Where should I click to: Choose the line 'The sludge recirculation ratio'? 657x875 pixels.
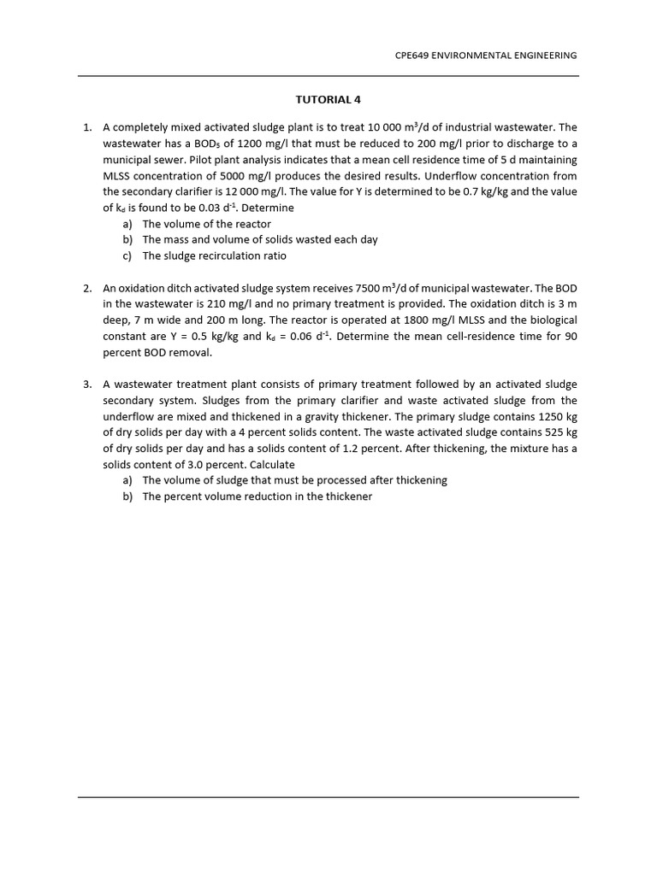click(x=214, y=256)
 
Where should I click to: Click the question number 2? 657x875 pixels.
click(x=87, y=289)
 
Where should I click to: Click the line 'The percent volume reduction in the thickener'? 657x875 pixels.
click(x=257, y=496)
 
